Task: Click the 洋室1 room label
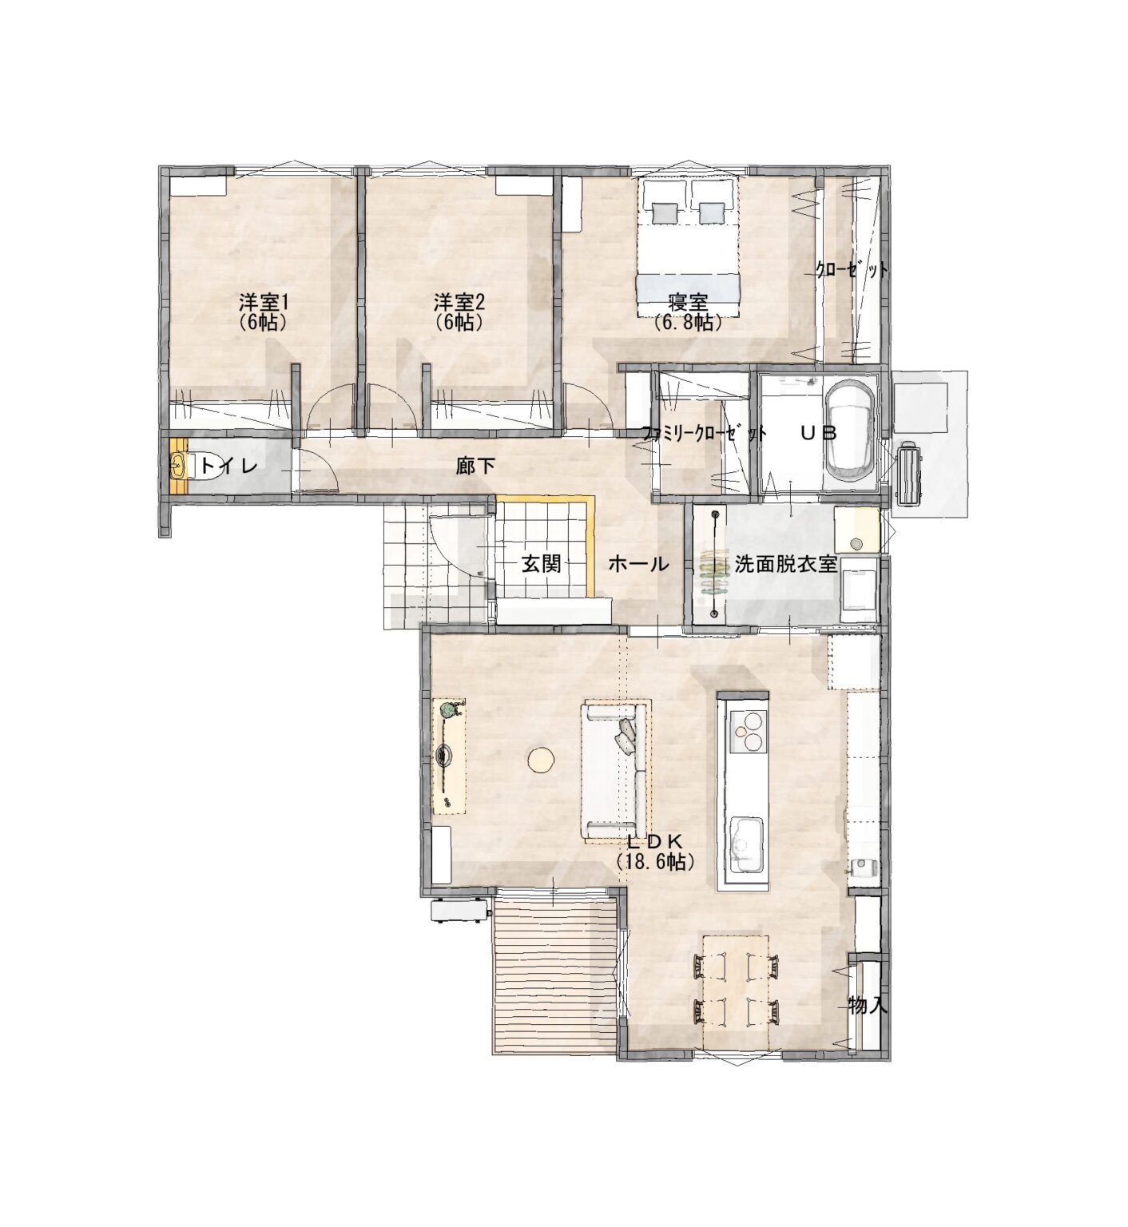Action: point(264,303)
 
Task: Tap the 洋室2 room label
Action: point(460,303)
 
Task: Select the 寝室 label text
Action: point(689,304)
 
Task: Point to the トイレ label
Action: point(228,465)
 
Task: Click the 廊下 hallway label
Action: point(475,466)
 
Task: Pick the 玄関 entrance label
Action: point(542,563)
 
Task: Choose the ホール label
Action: point(638,564)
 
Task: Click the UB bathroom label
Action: point(819,433)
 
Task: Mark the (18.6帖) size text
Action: point(655,861)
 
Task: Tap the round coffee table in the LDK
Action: point(542,759)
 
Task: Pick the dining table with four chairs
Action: point(736,991)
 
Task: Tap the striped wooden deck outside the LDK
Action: point(556,973)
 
